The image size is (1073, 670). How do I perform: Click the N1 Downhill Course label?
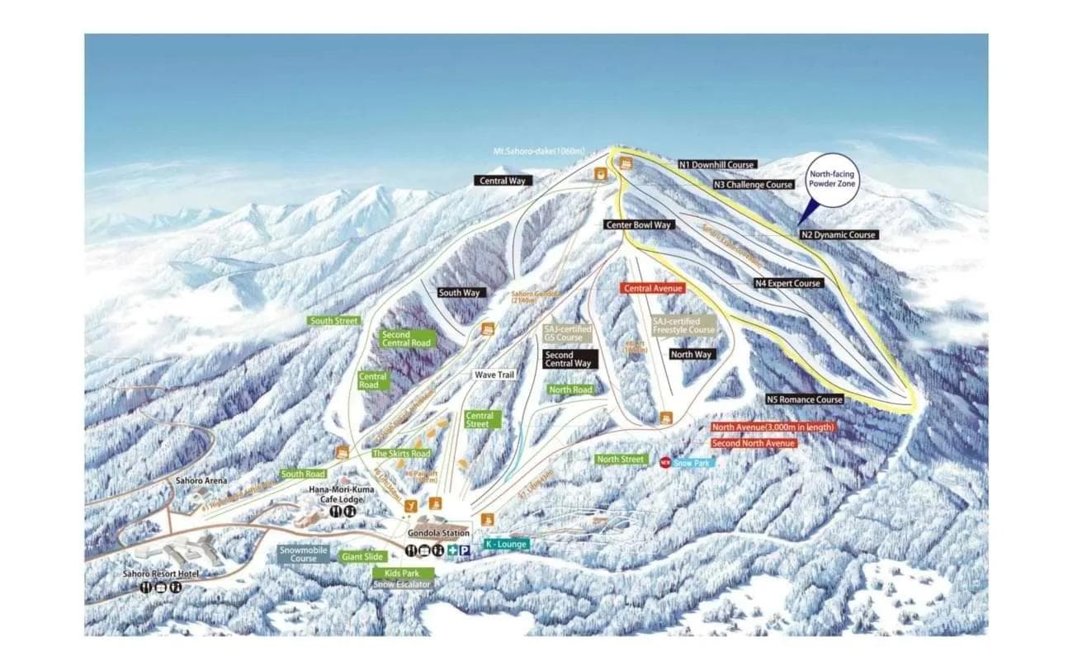pos(716,164)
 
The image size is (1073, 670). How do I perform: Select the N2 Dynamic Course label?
pos(838,235)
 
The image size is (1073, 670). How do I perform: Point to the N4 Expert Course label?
pos(787,283)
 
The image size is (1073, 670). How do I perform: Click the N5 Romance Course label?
pos(804,399)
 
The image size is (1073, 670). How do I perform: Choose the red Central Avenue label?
pos(653,289)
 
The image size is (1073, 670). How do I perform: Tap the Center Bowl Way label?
pos(638,224)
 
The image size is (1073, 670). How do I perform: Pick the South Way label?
pos(459,293)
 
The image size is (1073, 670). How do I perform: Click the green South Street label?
pos(333,320)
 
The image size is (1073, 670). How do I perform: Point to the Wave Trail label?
pos(494,375)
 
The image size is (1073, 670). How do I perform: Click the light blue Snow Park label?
pos(694,462)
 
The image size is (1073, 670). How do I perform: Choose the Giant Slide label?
pos(363,557)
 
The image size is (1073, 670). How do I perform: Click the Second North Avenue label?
pos(754,443)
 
